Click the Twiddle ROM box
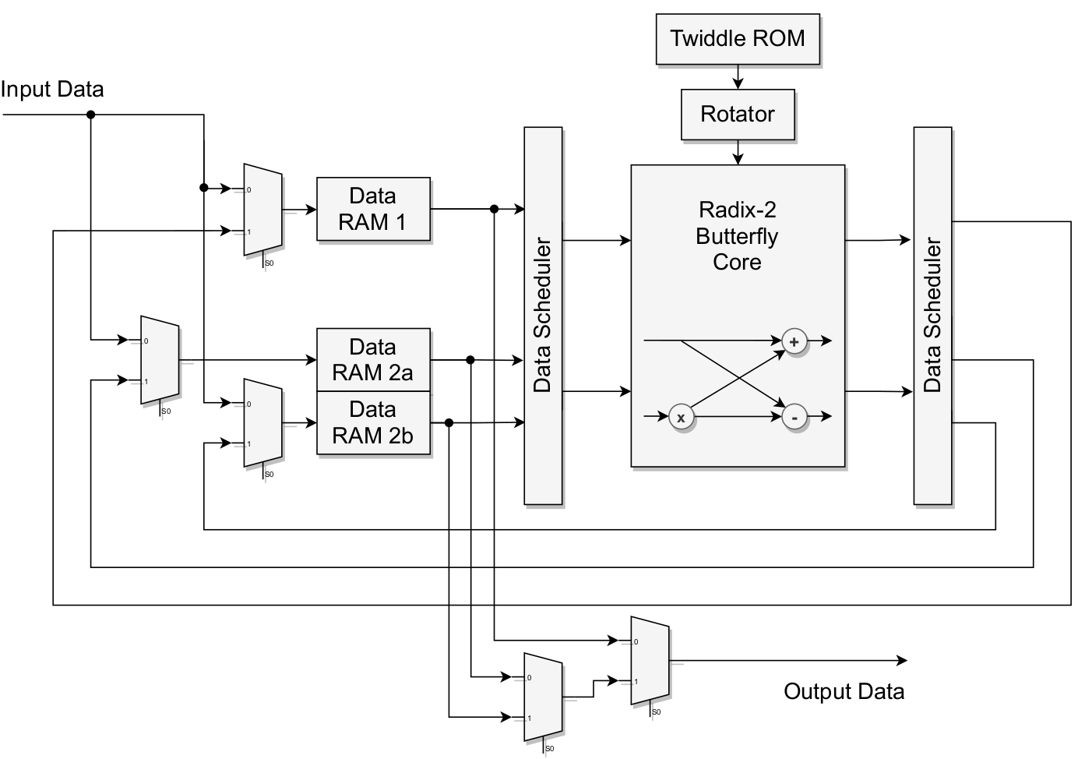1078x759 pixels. point(738,39)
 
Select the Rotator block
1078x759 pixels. point(738,115)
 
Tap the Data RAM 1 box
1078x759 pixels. point(373,209)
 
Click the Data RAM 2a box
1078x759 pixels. point(373,360)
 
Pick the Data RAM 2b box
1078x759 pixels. point(373,422)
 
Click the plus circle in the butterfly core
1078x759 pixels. point(794,341)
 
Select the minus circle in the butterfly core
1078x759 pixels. point(794,418)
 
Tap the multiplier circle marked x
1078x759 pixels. point(681,418)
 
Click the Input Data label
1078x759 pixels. point(52,90)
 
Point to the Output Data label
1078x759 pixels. point(844,692)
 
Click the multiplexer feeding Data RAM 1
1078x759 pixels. point(262,210)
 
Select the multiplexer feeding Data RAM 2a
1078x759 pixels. point(160,360)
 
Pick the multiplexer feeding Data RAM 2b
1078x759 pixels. point(262,423)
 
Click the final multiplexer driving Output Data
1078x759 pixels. point(650,661)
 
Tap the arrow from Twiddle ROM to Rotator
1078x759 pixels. point(738,77)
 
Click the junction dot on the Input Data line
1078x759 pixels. point(90,115)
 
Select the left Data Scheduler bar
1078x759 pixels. point(543,316)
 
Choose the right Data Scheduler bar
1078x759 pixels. point(932,316)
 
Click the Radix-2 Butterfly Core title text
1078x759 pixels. point(737,236)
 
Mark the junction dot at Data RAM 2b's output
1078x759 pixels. point(449,422)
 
